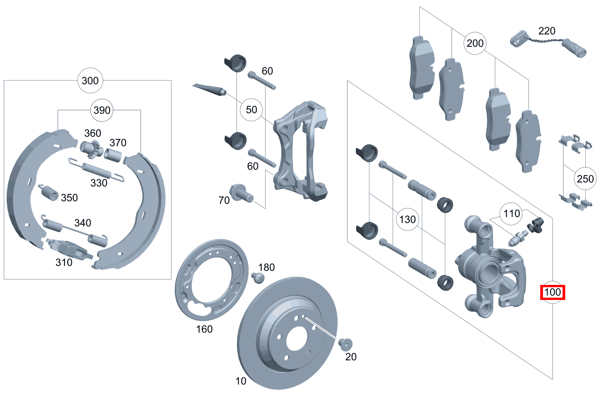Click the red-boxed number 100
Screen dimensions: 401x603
click(553, 292)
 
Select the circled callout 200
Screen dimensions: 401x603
click(475, 44)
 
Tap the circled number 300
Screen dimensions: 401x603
click(90, 81)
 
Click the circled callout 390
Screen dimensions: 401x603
click(101, 110)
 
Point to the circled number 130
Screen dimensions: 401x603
click(407, 219)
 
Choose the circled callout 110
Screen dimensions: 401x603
click(512, 213)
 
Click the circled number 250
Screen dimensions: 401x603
click(585, 179)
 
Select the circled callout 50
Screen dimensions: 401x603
click(251, 110)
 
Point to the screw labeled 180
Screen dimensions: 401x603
click(257, 277)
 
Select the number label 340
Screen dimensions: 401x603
click(82, 223)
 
